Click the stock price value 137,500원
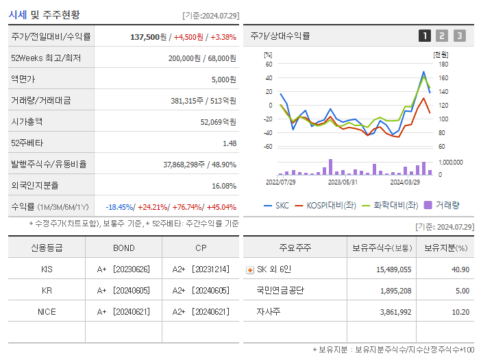(147, 37)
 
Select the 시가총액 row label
(27, 121)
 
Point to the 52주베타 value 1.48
(229, 143)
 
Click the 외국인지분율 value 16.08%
(223, 186)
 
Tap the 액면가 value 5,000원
(223, 80)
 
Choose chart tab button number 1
(425, 36)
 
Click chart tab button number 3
(459, 36)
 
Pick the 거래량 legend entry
(442, 205)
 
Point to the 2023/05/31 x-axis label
(343, 182)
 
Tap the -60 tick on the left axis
(268, 147)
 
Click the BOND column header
(123, 248)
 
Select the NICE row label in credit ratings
(47, 311)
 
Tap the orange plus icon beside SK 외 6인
(249, 270)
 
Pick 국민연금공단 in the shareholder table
(280, 290)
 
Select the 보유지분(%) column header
(445, 248)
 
